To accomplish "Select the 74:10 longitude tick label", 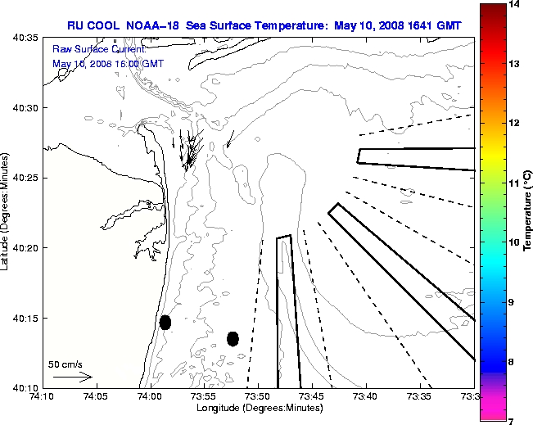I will point(42,397).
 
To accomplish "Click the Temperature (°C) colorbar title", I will point(528,212).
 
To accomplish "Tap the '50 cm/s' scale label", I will point(65,364).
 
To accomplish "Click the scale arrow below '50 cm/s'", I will point(72,378).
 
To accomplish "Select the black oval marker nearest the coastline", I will point(165,322).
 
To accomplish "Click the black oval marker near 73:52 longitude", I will point(233,338).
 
